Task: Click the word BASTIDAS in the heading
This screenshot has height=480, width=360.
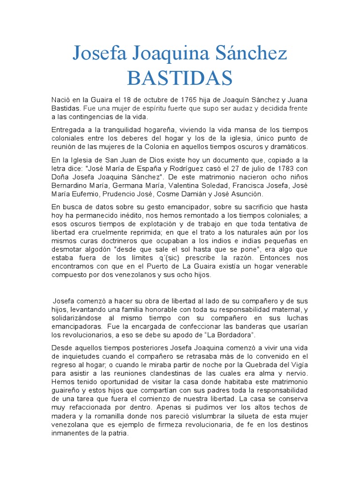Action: [x=180, y=78]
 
